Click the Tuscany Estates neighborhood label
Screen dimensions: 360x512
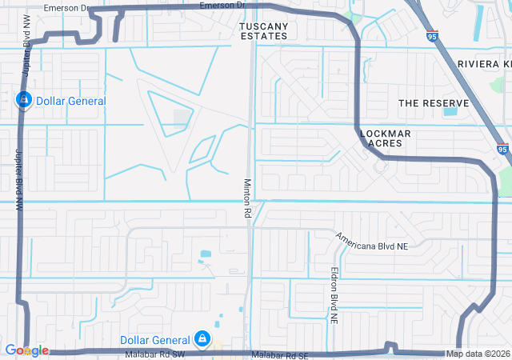[x=263, y=31]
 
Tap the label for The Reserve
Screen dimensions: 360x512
[x=431, y=103]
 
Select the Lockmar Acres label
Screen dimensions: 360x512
[x=386, y=138]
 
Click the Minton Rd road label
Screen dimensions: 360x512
[x=248, y=198]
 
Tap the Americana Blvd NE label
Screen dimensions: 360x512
[x=371, y=242]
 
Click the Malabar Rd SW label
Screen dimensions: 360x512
[x=154, y=354]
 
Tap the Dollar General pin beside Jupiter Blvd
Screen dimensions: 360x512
[x=24, y=100]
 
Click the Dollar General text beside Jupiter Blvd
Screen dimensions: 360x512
[x=74, y=101]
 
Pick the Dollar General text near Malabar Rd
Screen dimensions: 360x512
[x=154, y=341]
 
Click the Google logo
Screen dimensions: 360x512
[x=26, y=350]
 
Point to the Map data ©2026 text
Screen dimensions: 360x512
[x=477, y=354]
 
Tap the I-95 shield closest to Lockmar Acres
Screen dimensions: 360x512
[x=502, y=149]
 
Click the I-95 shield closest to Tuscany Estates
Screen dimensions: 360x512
[x=432, y=36]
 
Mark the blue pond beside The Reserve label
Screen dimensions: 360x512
[x=450, y=110]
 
